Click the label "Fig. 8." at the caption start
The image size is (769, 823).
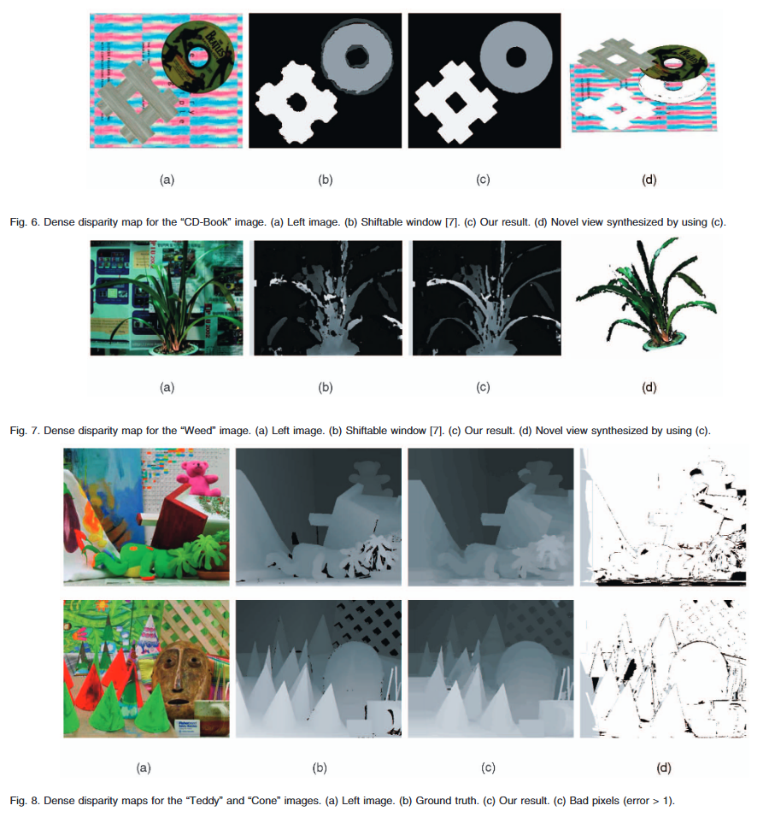[25, 801]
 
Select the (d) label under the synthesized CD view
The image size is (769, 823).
[649, 179]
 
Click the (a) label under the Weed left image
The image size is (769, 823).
[167, 387]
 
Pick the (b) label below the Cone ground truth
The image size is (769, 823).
[320, 768]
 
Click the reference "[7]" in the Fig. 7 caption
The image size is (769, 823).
[437, 431]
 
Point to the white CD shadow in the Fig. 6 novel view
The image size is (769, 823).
[672, 88]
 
